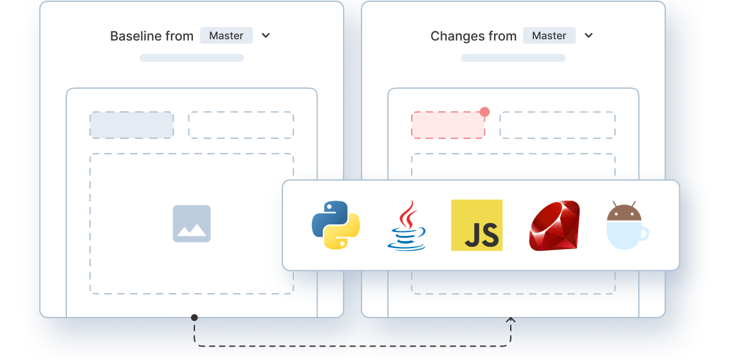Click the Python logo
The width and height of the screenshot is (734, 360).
(335, 225)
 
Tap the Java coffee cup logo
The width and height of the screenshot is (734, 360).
(407, 226)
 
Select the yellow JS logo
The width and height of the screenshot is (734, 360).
(477, 225)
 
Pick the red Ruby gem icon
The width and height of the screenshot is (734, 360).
(555, 226)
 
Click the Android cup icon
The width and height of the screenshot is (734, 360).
(627, 226)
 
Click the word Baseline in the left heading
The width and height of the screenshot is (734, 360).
(133, 36)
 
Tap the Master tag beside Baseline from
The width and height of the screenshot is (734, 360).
(226, 35)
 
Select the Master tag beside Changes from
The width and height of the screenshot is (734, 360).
(549, 35)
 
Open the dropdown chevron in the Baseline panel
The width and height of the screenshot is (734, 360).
(266, 36)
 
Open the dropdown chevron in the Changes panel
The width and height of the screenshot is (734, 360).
(589, 36)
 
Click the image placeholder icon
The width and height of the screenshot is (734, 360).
(192, 224)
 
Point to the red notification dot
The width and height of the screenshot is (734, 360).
(485, 112)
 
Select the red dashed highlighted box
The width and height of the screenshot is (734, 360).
(448, 125)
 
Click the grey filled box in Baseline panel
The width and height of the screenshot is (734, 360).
(132, 125)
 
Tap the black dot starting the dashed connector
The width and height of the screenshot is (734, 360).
(194, 318)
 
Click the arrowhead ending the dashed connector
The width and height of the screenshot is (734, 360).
(511, 319)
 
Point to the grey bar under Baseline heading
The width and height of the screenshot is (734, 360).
(192, 58)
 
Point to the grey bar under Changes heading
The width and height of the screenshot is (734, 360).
(513, 58)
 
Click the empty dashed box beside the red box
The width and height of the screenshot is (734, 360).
(557, 125)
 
